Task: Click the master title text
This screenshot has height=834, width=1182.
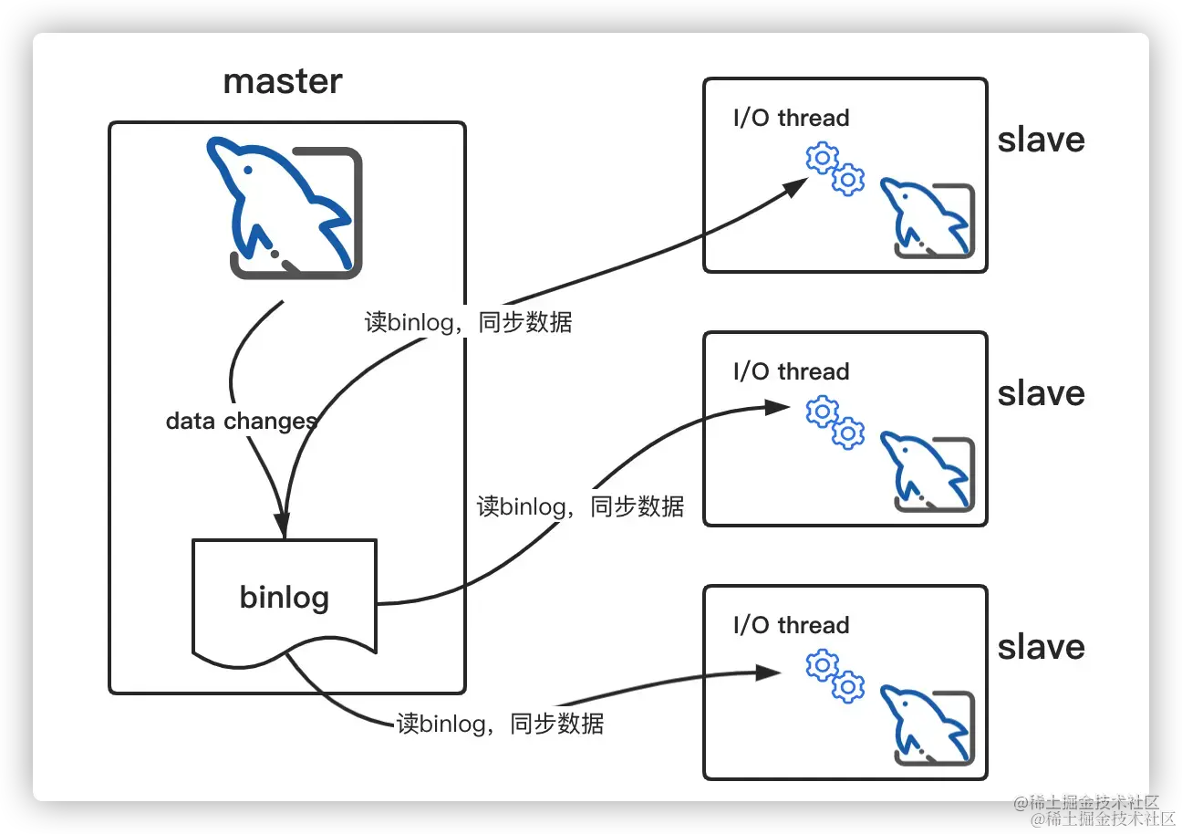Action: click(283, 81)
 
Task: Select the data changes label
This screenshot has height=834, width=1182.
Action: click(242, 421)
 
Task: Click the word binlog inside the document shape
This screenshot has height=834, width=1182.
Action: click(284, 598)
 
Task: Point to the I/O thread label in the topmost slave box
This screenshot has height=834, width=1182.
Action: click(791, 118)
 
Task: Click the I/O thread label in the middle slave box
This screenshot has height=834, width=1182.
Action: click(791, 371)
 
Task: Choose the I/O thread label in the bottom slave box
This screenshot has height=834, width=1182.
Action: click(791, 625)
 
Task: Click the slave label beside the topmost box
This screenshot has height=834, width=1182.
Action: click(1041, 140)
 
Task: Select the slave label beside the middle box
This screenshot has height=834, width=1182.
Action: click(1041, 393)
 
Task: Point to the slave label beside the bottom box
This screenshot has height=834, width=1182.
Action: click(1041, 647)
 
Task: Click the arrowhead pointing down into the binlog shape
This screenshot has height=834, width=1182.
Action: click(282, 526)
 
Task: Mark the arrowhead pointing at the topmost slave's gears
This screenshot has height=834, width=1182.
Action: click(795, 186)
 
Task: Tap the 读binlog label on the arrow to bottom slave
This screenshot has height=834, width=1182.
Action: click(500, 724)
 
